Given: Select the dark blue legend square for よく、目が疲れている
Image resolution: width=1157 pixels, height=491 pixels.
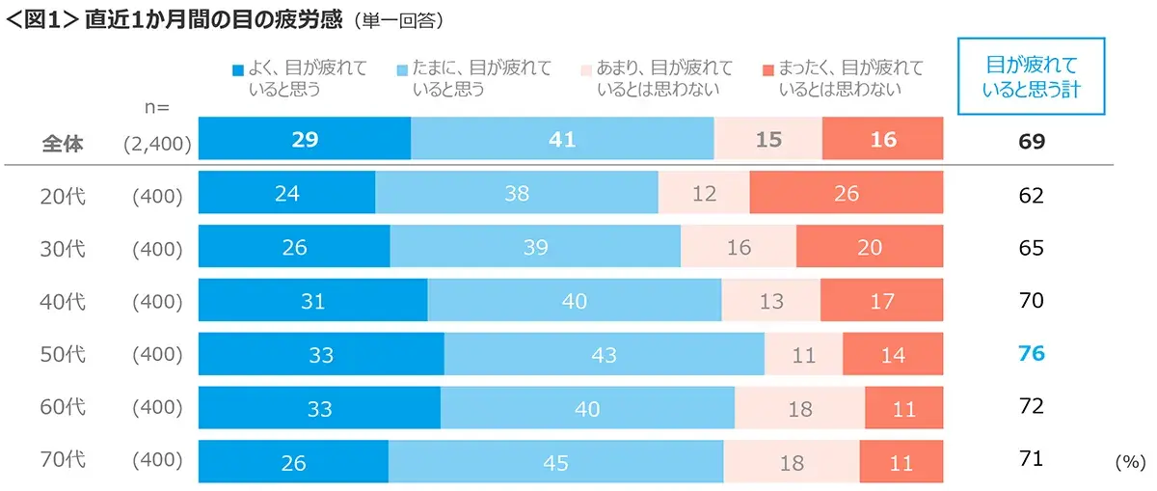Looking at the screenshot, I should click(x=238, y=69).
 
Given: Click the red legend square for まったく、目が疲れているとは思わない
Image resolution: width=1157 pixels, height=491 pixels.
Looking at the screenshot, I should click(x=767, y=69).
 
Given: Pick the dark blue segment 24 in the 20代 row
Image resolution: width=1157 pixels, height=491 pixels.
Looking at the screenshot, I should click(x=286, y=194).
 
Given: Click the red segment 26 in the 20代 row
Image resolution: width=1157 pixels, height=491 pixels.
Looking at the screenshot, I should click(x=846, y=194).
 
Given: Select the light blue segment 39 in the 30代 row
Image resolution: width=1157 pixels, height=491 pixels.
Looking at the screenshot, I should click(x=535, y=248).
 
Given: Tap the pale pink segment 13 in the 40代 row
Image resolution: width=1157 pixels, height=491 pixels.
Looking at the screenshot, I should click(x=770, y=301).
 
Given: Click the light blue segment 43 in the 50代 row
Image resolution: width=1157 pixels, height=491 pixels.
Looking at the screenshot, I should click(x=604, y=355).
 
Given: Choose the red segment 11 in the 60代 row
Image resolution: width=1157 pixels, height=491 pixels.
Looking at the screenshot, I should click(x=903, y=408).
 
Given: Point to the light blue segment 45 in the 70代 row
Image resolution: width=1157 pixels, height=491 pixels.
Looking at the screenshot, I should click(x=555, y=462).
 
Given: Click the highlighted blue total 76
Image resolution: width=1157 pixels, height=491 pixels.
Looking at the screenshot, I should click(x=1032, y=354).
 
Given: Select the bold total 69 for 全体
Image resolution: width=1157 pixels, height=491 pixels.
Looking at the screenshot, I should click(x=1032, y=142).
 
